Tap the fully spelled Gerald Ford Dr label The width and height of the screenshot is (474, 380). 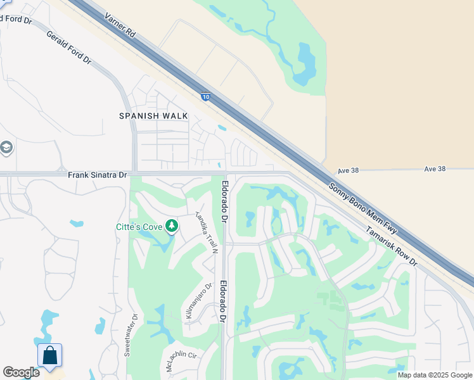68,48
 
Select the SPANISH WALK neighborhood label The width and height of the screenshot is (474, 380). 154,115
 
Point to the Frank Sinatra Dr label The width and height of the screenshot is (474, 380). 97,174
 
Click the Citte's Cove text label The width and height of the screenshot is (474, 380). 139,227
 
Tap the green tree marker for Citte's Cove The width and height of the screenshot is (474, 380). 171,226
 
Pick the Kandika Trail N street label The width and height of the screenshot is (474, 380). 207,232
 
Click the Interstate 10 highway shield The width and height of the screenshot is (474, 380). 205,96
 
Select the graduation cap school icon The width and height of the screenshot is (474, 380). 6,148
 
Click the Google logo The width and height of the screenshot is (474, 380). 21,372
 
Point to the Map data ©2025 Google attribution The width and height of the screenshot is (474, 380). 435,375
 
